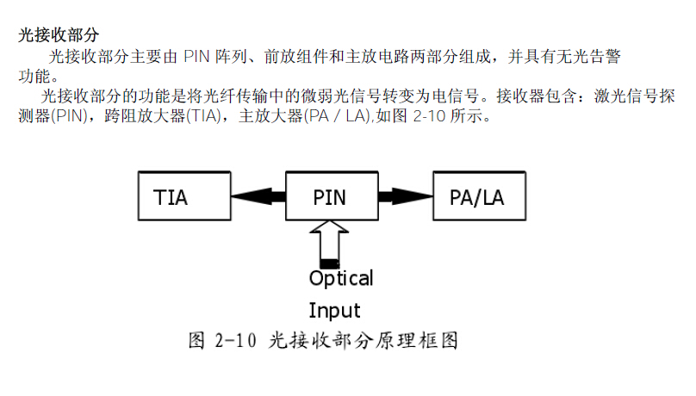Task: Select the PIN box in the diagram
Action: tap(328, 197)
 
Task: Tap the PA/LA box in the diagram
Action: tap(476, 197)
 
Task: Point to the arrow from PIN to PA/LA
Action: tap(400, 197)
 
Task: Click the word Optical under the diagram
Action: tap(341, 279)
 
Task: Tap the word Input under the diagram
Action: tap(334, 310)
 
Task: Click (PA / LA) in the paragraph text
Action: tap(332, 117)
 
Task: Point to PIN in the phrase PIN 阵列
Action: tap(197, 57)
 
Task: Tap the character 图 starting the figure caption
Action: tap(198, 341)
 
